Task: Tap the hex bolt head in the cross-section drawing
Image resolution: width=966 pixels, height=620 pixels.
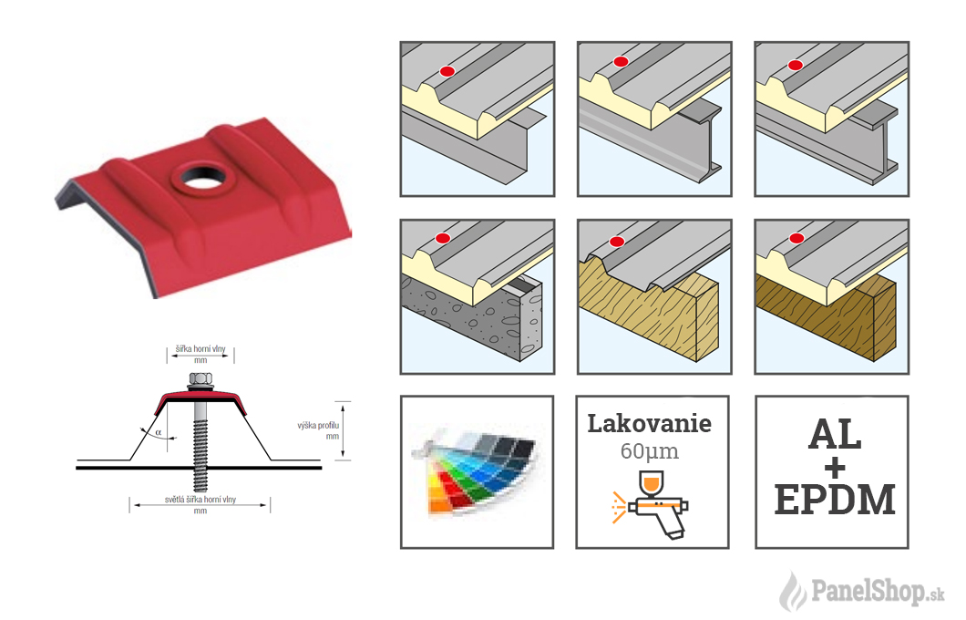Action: pos(200,378)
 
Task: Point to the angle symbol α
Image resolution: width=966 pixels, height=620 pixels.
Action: pos(159,433)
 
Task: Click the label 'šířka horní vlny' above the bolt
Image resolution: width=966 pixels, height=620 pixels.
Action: pos(200,349)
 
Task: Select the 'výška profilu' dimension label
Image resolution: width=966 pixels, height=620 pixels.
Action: pos(318,425)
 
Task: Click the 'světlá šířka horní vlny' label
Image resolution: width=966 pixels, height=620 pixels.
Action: pos(200,500)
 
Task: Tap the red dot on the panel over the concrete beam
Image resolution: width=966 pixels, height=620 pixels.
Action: pos(442,239)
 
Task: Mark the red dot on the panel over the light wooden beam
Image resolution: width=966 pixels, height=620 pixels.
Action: pos(617,242)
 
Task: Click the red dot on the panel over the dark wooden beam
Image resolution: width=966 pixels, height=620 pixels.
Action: pos(796,238)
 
